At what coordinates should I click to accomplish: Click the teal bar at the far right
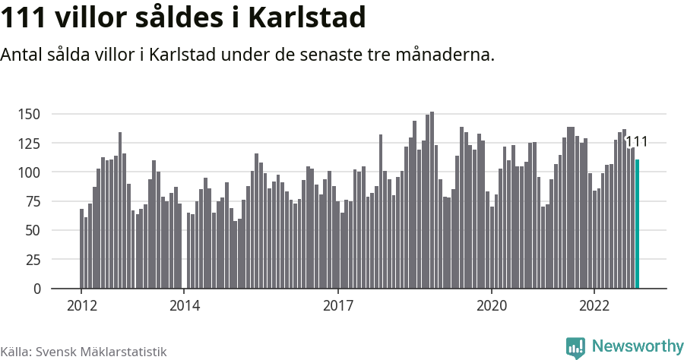click(x=638, y=224)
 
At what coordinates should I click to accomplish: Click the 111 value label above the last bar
click(x=636, y=142)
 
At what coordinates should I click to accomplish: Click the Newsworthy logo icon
click(x=575, y=347)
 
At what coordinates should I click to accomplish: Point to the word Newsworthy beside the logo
click(x=637, y=346)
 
